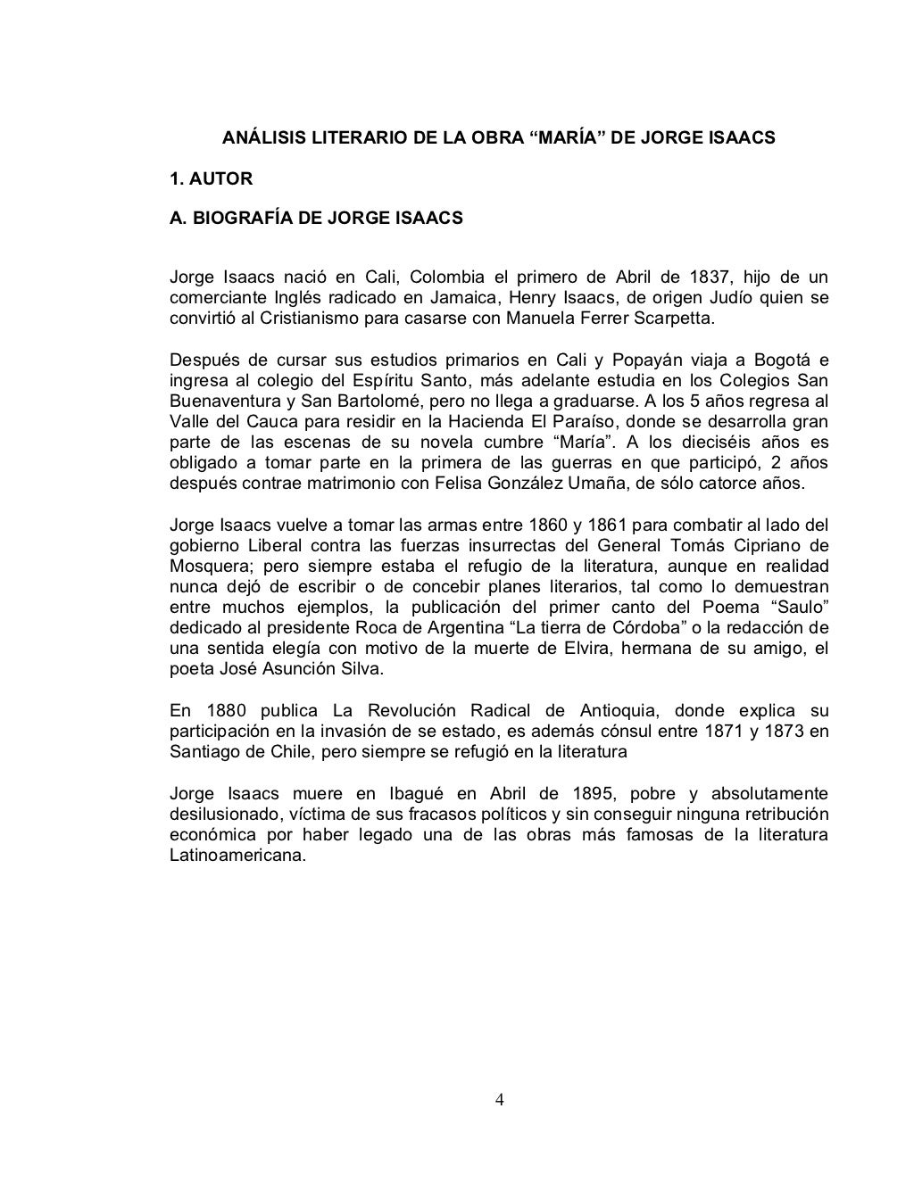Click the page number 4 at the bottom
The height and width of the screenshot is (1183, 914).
click(500, 1098)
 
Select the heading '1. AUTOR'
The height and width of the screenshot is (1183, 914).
click(212, 178)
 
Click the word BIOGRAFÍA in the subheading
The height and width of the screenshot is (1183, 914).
click(239, 218)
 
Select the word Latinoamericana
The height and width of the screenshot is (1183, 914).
click(237, 855)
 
